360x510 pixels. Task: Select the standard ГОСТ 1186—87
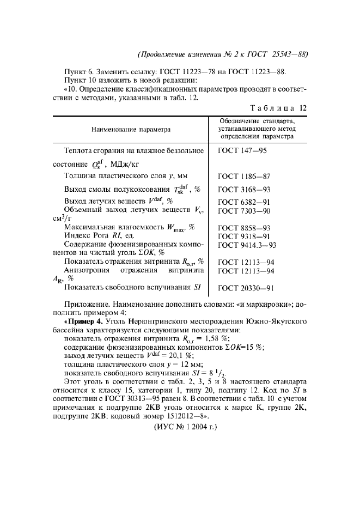pos(245,176)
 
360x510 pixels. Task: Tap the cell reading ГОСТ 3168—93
pos(245,190)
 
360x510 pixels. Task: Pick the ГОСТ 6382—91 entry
pos(245,202)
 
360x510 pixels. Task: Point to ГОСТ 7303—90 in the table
pos(245,210)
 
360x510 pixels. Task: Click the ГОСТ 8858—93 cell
pos(245,227)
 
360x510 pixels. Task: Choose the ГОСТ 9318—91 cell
pos(245,236)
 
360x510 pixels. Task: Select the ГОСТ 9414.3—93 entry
pos(247,245)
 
